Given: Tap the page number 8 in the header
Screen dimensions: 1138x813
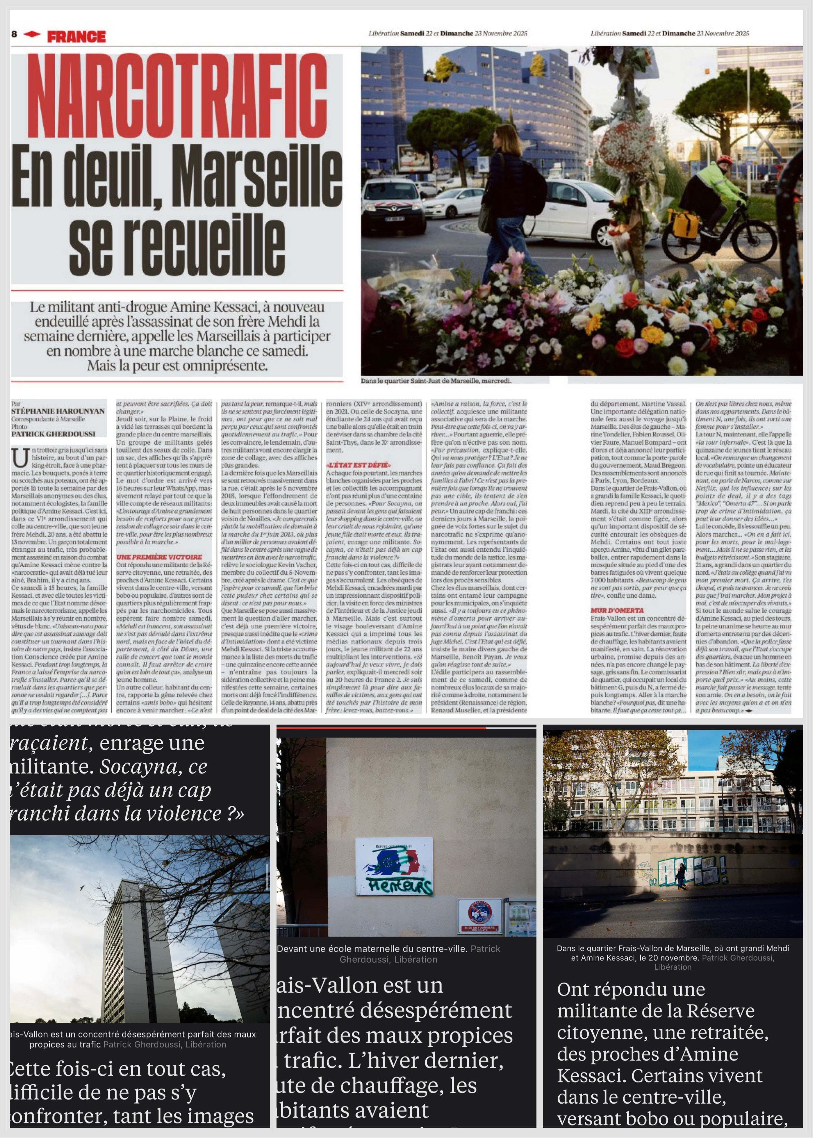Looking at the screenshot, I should (x=14, y=34).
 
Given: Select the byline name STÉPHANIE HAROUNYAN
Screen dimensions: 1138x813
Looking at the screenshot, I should (x=58, y=411).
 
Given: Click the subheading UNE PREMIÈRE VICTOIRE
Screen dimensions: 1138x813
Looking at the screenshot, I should (x=159, y=556).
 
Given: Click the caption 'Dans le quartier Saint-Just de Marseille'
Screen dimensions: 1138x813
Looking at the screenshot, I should (x=436, y=381).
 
